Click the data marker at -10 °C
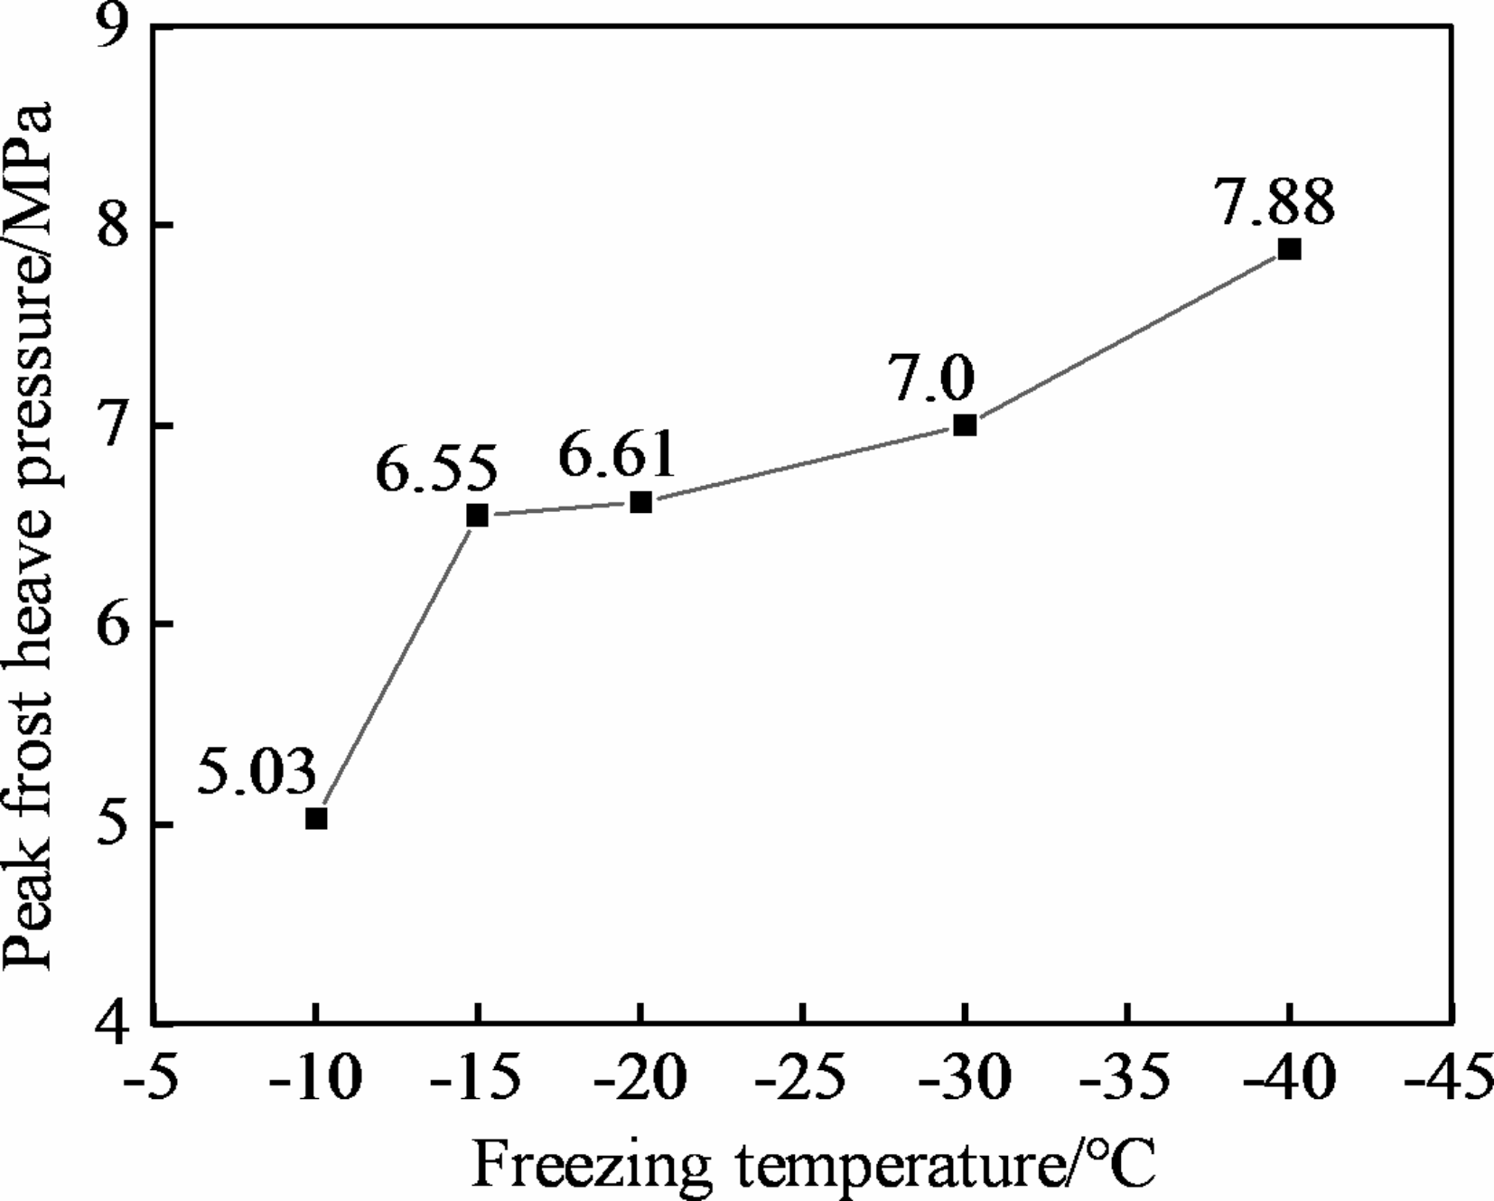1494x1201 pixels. tap(316, 818)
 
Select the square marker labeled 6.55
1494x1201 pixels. tap(477, 516)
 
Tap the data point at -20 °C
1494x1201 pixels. tap(640, 502)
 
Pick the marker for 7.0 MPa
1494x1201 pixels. tap(965, 424)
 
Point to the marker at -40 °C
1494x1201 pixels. tap(1289, 249)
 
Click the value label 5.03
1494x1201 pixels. tap(257, 773)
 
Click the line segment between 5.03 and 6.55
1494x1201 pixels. tap(397, 667)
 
